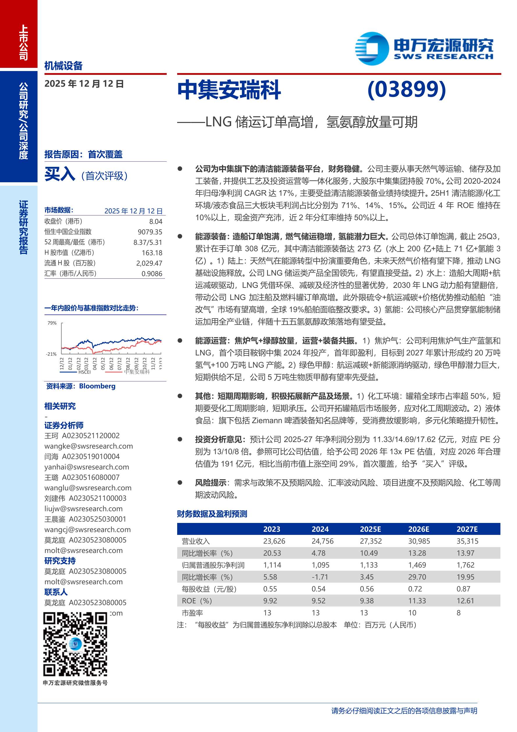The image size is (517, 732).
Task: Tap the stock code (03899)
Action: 406,89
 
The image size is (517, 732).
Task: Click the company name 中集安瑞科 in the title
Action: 229,90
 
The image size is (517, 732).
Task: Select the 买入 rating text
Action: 60,174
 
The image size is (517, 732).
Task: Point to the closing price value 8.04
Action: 156,222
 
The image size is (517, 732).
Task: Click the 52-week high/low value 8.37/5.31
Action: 148,242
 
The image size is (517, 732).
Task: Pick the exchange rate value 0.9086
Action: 152,273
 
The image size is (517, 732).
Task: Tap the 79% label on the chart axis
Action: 52,323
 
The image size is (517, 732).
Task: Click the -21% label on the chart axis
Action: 51,354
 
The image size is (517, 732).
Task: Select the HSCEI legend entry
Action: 84,372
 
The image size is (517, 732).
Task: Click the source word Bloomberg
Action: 97,386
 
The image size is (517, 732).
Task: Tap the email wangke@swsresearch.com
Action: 88,446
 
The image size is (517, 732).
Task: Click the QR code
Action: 75,644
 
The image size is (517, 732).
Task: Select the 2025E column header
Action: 370,529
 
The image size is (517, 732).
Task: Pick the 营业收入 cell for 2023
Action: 274,541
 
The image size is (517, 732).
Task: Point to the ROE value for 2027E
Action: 465,601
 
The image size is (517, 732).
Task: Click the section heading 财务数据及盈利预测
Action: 212,514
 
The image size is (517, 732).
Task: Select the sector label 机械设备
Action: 63,66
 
